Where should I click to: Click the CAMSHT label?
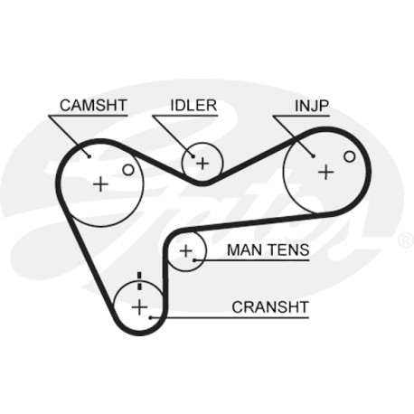coord(93,106)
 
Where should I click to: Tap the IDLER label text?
coord(193,106)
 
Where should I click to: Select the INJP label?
coord(312,106)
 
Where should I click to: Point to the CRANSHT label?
coord(270,307)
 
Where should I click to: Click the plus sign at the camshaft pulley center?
coord(100,183)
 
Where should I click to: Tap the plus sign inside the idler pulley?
coord(202,164)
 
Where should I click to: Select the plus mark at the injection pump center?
coord(326,173)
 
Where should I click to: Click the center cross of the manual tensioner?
coord(186,250)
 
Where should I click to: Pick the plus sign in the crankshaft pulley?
coord(139,307)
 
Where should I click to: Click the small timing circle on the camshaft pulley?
coord(128,170)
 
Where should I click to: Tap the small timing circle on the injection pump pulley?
coord(350,156)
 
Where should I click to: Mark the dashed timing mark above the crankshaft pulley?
coord(139,281)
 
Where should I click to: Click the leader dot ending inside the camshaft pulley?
coord(89,155)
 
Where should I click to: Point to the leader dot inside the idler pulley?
coord(193,156)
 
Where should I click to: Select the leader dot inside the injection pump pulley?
coord(314,155)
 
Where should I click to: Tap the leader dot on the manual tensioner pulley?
coord(194,260)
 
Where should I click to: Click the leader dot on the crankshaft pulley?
coord(151,317)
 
